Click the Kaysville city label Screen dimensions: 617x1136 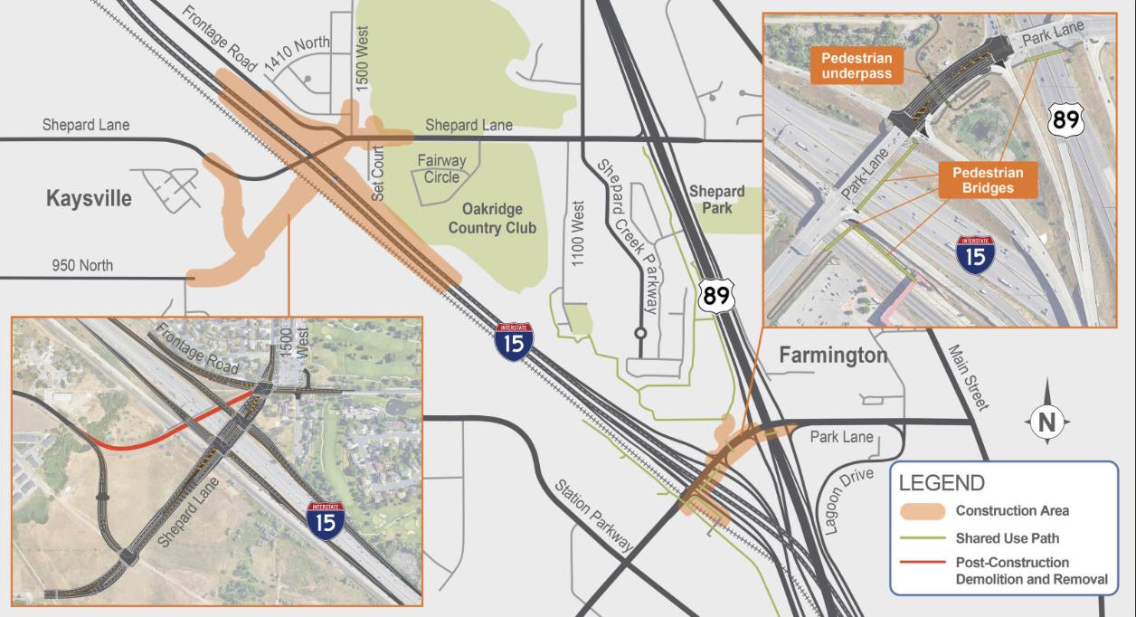(x=89, y=199)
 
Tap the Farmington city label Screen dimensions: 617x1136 (x=833, y=356)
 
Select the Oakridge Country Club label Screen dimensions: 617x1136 (x=492, y=218)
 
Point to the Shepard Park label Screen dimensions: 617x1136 (x=716, y=199)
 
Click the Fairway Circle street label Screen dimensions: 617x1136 (x=441, y=169)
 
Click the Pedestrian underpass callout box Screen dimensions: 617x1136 (x=857, y=66)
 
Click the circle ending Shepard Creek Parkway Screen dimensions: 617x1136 (x=640, y=333)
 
